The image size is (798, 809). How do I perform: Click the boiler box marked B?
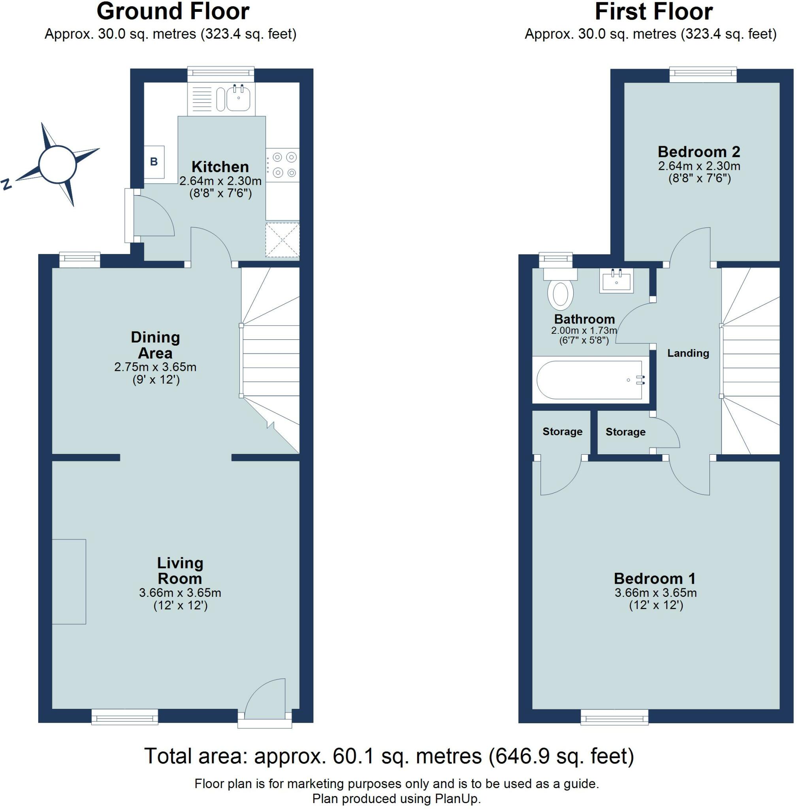154,162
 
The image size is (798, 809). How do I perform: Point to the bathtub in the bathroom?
589,380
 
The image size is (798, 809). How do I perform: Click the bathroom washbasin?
616,280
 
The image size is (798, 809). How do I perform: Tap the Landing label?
688,353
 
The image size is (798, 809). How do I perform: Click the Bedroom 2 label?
698,152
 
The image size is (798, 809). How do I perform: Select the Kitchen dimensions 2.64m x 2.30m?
220,181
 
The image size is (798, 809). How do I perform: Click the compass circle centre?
57,165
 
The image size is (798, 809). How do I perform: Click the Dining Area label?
155,344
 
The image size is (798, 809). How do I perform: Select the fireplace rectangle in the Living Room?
69,581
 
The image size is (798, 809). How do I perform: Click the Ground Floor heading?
173,11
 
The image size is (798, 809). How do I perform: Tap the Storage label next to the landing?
625,432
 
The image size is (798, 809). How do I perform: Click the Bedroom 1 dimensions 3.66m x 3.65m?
655,593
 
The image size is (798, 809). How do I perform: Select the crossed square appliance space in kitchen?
282,240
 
